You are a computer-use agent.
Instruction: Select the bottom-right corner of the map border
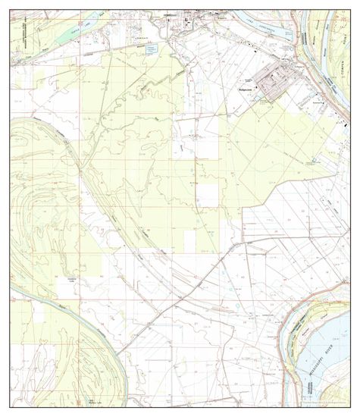pyautogui.click(x=349, y=406)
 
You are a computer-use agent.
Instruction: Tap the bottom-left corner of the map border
pyautogui.click(x=11, y=406)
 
